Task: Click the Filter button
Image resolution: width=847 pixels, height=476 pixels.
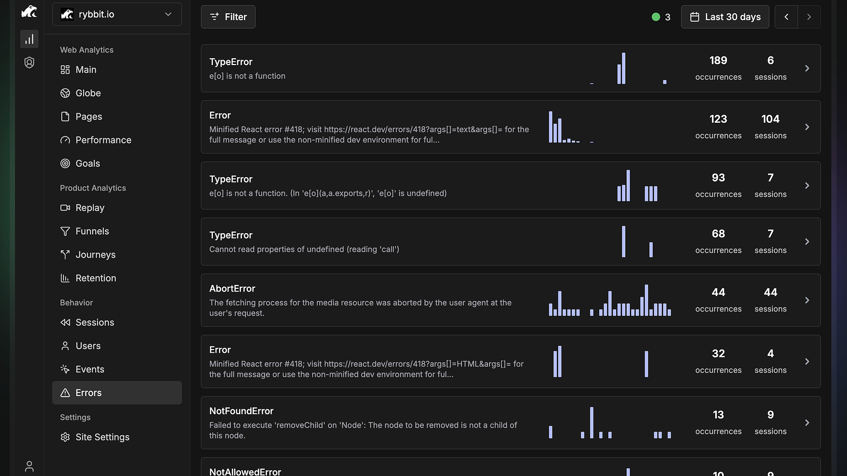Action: pos(228,16)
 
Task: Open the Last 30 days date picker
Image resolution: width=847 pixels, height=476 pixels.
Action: pos(725,16)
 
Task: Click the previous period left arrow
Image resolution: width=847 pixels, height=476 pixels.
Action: pos(786,16)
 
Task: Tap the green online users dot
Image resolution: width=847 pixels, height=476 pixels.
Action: pos(656,16)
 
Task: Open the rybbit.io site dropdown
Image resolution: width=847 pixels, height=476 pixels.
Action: pos(117,14)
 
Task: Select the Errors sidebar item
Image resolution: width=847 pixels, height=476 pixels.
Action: pos(117,392)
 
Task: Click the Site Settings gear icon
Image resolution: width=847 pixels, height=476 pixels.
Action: pos(65,437)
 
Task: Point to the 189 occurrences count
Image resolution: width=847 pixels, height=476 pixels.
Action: pos(718,60)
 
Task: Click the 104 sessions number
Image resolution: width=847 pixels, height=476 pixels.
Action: pos(770,119)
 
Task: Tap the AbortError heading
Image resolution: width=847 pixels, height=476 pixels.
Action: pos(232,289)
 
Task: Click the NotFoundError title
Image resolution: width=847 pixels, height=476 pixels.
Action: pos(241,411)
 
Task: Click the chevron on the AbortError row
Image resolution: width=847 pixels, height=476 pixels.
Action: pos(807,300)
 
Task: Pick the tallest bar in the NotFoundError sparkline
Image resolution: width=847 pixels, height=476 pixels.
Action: pos(592,423)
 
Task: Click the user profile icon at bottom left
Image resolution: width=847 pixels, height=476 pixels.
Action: pos(29,466)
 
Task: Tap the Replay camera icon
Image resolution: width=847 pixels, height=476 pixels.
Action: pos(65,208)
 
